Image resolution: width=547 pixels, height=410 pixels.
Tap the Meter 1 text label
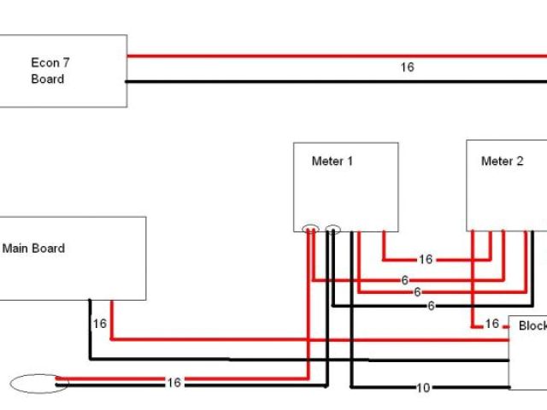coord(332,161)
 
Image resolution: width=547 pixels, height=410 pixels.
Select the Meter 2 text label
coord(503,161)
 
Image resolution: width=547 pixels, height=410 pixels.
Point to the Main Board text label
coord(34,249)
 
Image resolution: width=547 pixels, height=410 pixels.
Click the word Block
coord(532,326)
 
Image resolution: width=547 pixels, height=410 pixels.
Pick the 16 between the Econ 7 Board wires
coord(408,67)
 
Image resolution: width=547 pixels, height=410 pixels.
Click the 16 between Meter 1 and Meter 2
coord(425,259)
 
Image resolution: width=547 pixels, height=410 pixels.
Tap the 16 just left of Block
coord(491,324)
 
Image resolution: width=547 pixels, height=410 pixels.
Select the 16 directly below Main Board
coord(99,324)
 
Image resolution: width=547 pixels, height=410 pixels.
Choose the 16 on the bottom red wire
coord(174,383)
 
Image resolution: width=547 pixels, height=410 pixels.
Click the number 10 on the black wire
coord(422,388)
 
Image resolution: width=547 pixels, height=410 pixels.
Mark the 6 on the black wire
coord(431,305)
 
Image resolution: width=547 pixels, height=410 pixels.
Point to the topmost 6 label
coord(404,280)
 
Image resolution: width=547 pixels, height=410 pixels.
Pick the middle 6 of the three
coord(417,292)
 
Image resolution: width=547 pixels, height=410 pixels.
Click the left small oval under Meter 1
coord(310,229)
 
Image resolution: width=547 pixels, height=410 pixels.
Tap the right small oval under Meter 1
coord(332,229)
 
